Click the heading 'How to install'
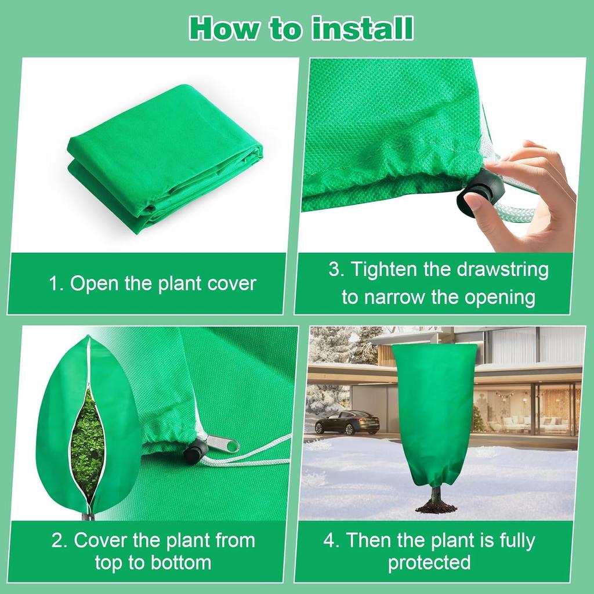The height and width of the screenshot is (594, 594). [x=301, y=28]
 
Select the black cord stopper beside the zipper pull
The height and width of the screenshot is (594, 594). [x=196, y=450]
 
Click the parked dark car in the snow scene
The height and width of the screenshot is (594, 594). [x=347, y=422]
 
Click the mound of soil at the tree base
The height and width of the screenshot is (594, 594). [x=436, y=508]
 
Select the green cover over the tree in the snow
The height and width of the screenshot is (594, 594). [x=434, y=412]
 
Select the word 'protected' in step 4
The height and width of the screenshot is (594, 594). [x=429, y=562]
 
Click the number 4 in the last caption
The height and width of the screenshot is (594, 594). [x=329, y=541]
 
